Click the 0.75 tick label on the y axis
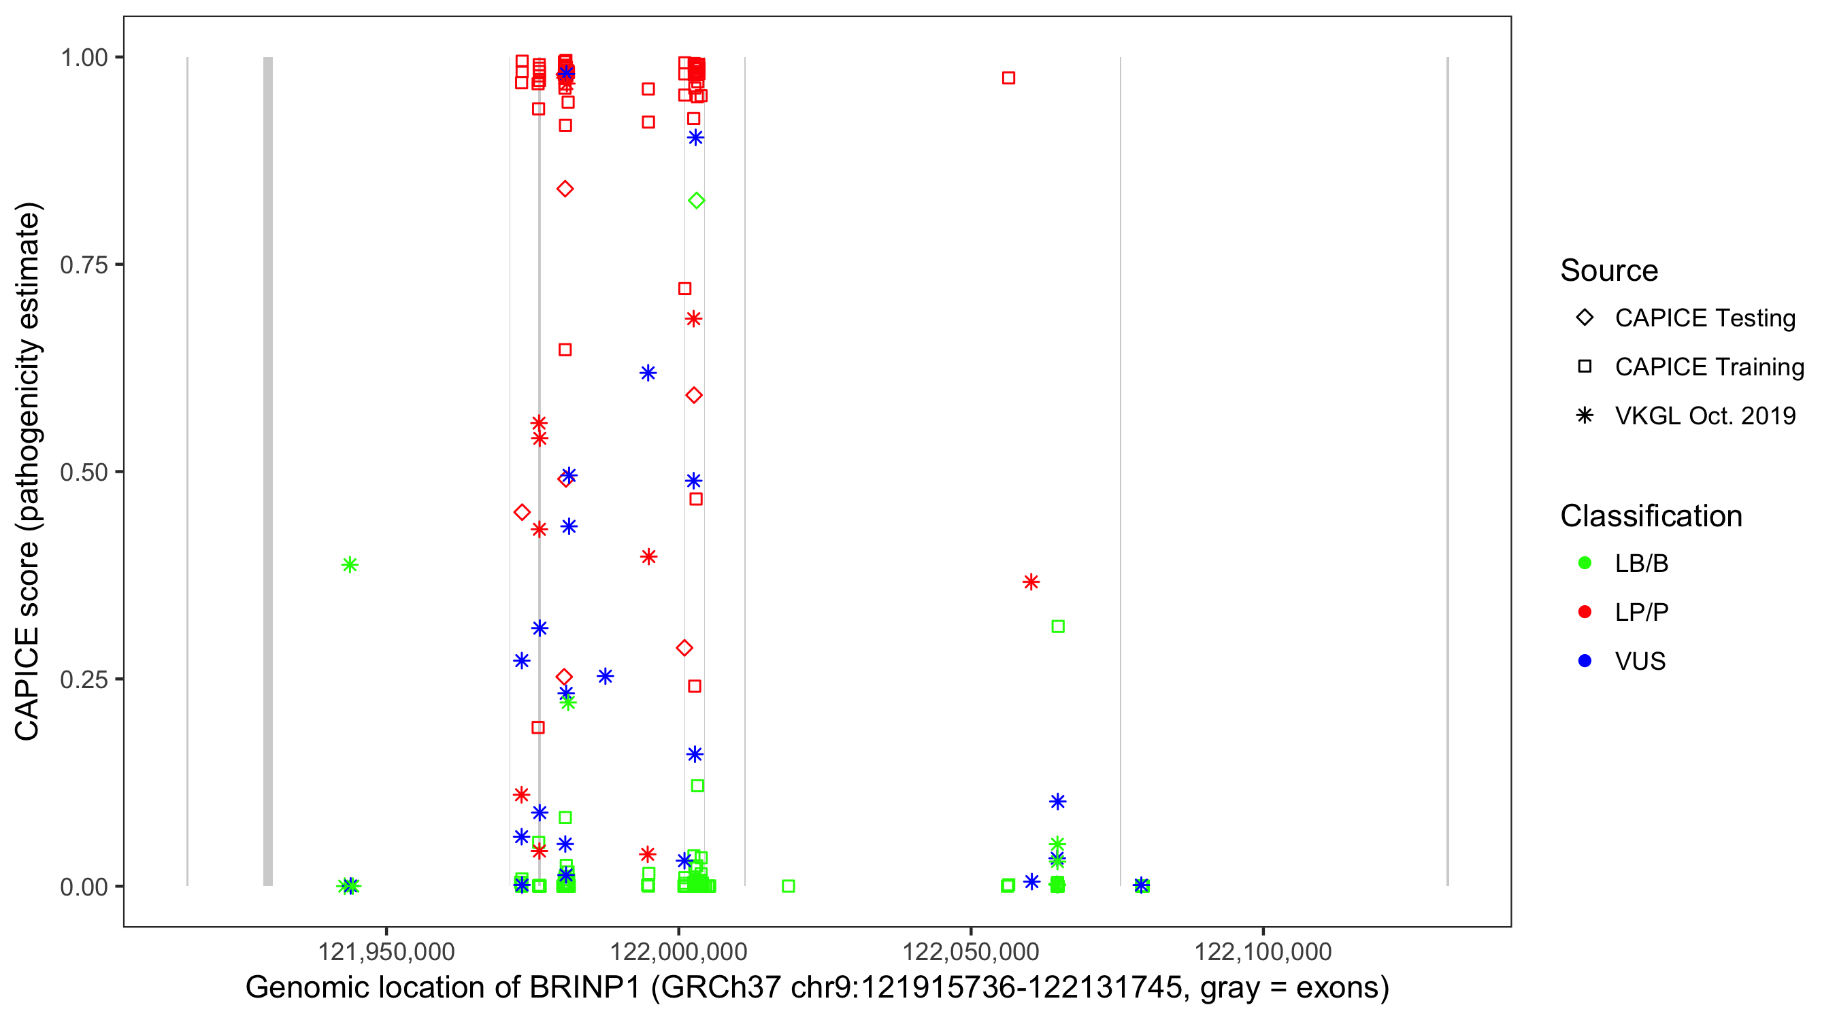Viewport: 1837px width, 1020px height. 84,265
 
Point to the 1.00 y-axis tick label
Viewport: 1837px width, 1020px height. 84,58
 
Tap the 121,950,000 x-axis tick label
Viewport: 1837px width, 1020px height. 386,951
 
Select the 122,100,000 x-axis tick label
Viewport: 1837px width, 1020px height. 1262,951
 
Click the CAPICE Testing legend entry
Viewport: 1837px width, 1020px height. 1704,318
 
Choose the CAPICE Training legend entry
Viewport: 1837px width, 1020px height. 1708,367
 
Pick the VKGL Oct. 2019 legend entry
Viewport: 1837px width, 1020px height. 1704,416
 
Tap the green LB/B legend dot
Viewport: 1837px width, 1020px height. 1585,563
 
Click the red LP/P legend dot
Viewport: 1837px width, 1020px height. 1585,612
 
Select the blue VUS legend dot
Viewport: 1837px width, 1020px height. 1585,661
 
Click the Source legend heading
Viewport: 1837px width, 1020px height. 1609,271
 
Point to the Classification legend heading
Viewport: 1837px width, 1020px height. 1651,516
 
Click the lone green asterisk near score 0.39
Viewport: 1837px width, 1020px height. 350,565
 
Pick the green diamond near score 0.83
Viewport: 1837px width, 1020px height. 697,201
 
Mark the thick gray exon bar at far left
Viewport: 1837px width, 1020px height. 268,471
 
